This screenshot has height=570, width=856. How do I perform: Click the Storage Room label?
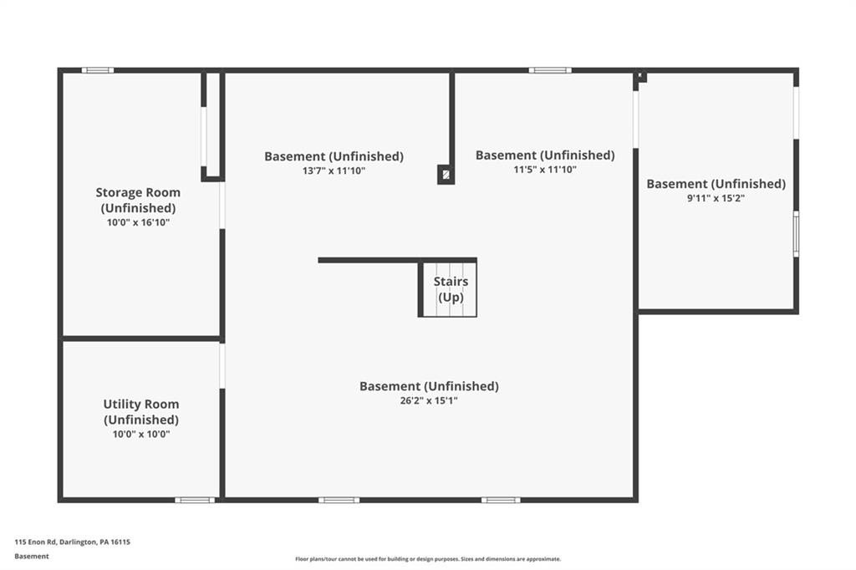[137, 200]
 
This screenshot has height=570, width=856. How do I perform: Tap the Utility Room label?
[140, 411]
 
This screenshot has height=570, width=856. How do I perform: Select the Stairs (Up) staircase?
[449, 289]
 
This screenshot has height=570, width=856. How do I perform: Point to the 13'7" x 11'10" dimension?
[334, 170]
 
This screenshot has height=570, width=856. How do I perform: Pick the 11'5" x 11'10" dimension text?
[544, 170]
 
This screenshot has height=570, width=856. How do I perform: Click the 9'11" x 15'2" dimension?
[716, 198]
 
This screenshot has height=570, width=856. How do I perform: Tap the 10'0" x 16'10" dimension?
[138, 222]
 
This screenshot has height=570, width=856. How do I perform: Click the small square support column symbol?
[446, 175]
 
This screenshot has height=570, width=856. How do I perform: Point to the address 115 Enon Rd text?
[72, 542]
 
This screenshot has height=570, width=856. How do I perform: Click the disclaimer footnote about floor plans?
[428, 559]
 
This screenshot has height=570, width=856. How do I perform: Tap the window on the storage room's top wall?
[97, 70]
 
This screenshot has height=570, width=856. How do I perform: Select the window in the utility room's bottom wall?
[195, 500]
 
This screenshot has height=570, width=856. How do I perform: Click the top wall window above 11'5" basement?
[550, 70]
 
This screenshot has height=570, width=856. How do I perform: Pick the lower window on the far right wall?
[796, 234]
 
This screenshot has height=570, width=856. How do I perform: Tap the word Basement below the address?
[32, 556]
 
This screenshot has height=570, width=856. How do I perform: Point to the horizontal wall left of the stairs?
[368, 260]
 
